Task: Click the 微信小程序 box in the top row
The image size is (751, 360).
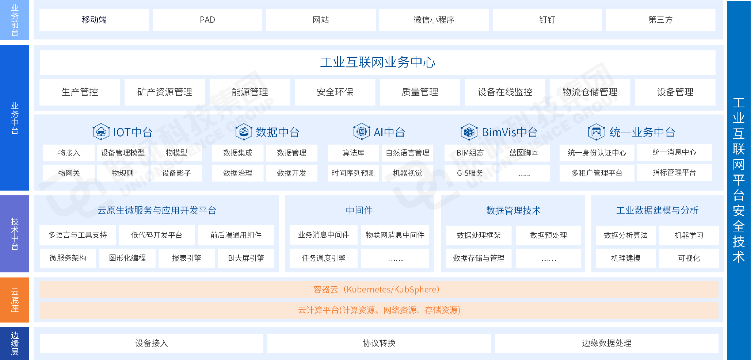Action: click(434, 20)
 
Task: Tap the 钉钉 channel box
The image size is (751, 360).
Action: click(547, 20)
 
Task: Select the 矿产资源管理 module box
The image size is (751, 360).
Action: click(165, 92)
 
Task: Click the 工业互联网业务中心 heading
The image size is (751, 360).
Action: click(377, 62)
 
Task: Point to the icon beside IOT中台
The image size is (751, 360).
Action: click(101, 132)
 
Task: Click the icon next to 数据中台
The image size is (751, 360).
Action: click(244, 132)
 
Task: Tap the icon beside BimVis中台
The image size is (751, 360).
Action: click(469, 132)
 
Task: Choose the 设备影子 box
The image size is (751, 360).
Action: click(176, 173)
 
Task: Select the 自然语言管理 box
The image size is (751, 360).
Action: click(407, 153)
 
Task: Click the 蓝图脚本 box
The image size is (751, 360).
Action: click(524, 153)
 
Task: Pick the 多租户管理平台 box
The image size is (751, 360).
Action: click(597, 173)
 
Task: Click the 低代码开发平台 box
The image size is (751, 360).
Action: click(157, 235)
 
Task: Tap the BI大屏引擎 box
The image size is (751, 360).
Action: click(246, 258)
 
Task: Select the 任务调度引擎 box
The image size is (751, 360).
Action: click(323, 258)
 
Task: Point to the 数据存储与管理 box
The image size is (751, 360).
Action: click(479, 258)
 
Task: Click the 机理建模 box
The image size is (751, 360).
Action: click(626, 258)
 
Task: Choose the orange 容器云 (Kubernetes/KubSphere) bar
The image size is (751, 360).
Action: click(379, 290)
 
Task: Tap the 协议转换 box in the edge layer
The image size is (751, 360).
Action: click(379, 343)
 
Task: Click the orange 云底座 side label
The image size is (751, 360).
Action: click(15, 300)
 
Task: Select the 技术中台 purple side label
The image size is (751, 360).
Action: click(15, 234)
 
